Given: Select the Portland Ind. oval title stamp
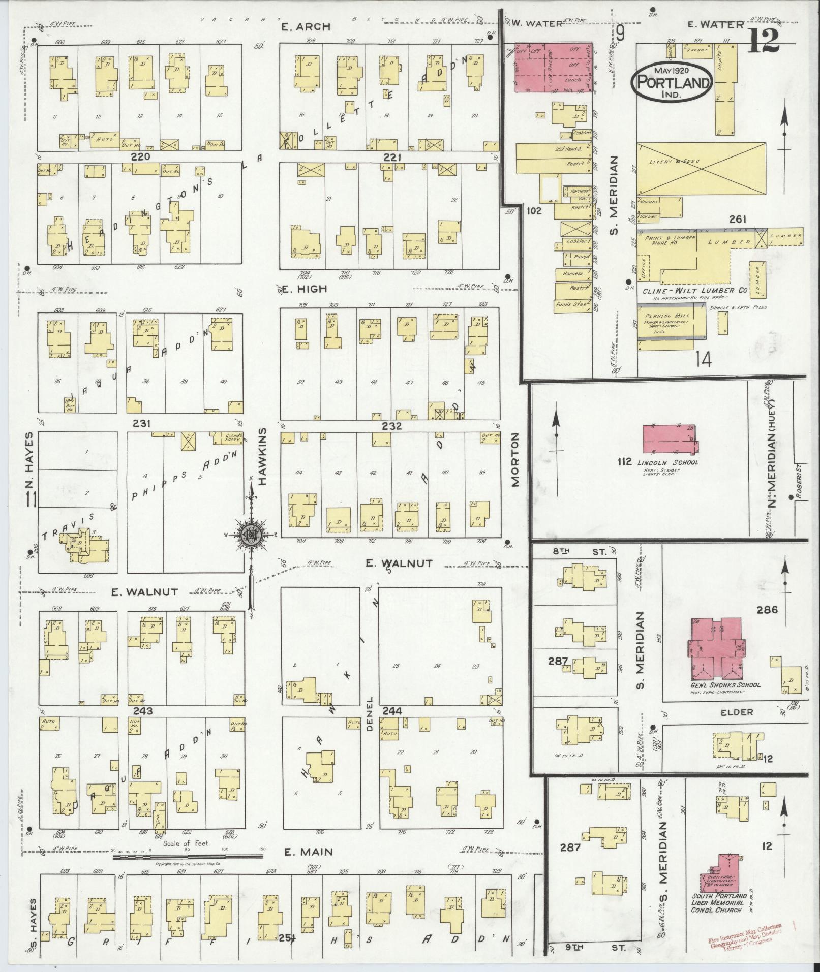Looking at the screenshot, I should tap(671, 81).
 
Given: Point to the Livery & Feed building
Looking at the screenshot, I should tap(702, 168).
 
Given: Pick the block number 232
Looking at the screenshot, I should tap(392, 426).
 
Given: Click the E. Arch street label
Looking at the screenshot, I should tap(306, 26).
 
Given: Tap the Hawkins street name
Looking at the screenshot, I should tap(262, 457).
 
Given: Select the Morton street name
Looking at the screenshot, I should tap(515, 460).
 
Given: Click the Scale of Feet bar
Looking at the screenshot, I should tap(188, 858).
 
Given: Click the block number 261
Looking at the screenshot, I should tap(737, 220).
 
